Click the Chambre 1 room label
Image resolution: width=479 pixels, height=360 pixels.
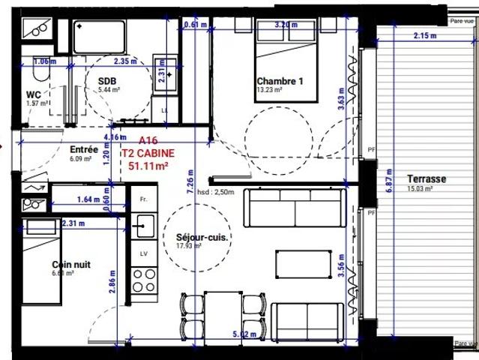click(281, 81)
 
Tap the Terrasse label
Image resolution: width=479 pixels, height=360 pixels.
click(427, 179)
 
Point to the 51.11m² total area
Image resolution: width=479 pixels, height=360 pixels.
click(148, 166)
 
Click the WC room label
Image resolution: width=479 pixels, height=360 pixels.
click(33, 94)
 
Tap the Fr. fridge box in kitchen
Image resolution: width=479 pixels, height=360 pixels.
click(143, 200)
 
